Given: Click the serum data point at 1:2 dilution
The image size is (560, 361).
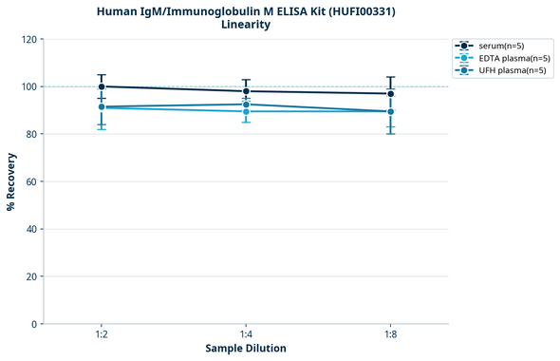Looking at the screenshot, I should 102,86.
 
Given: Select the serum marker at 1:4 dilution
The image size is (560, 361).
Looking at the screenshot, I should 246,91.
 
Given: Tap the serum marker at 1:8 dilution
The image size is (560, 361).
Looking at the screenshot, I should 390,93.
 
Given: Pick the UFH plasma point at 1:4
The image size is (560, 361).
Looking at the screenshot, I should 246,104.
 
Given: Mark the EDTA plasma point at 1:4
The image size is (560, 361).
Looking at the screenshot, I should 246,112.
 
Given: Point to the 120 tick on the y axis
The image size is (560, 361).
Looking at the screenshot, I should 29,39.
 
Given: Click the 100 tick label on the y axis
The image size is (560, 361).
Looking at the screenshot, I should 29,86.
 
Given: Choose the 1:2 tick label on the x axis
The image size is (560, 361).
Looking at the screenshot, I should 102,335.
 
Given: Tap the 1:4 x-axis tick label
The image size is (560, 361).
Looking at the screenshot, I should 246,335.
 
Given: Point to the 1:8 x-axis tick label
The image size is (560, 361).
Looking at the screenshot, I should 390,335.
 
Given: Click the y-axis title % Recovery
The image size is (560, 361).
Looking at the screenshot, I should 11,181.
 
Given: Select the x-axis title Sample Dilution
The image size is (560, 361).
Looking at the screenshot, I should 246,349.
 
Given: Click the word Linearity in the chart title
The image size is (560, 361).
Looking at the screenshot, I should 246,25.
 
